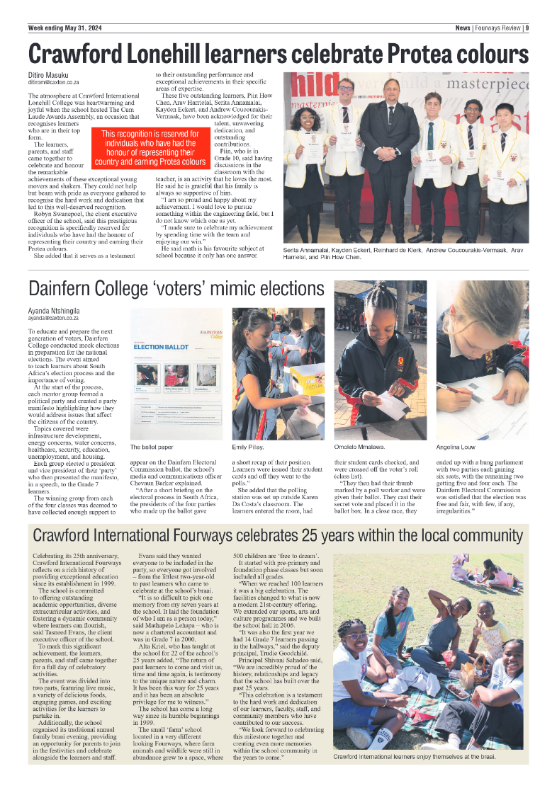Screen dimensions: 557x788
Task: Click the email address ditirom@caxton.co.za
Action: coord(54,83)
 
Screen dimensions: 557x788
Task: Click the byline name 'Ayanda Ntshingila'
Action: coord(54,311)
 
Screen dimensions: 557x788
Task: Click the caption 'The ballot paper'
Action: coord(152,447)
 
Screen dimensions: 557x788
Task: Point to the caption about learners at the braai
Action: coord(414,757)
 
